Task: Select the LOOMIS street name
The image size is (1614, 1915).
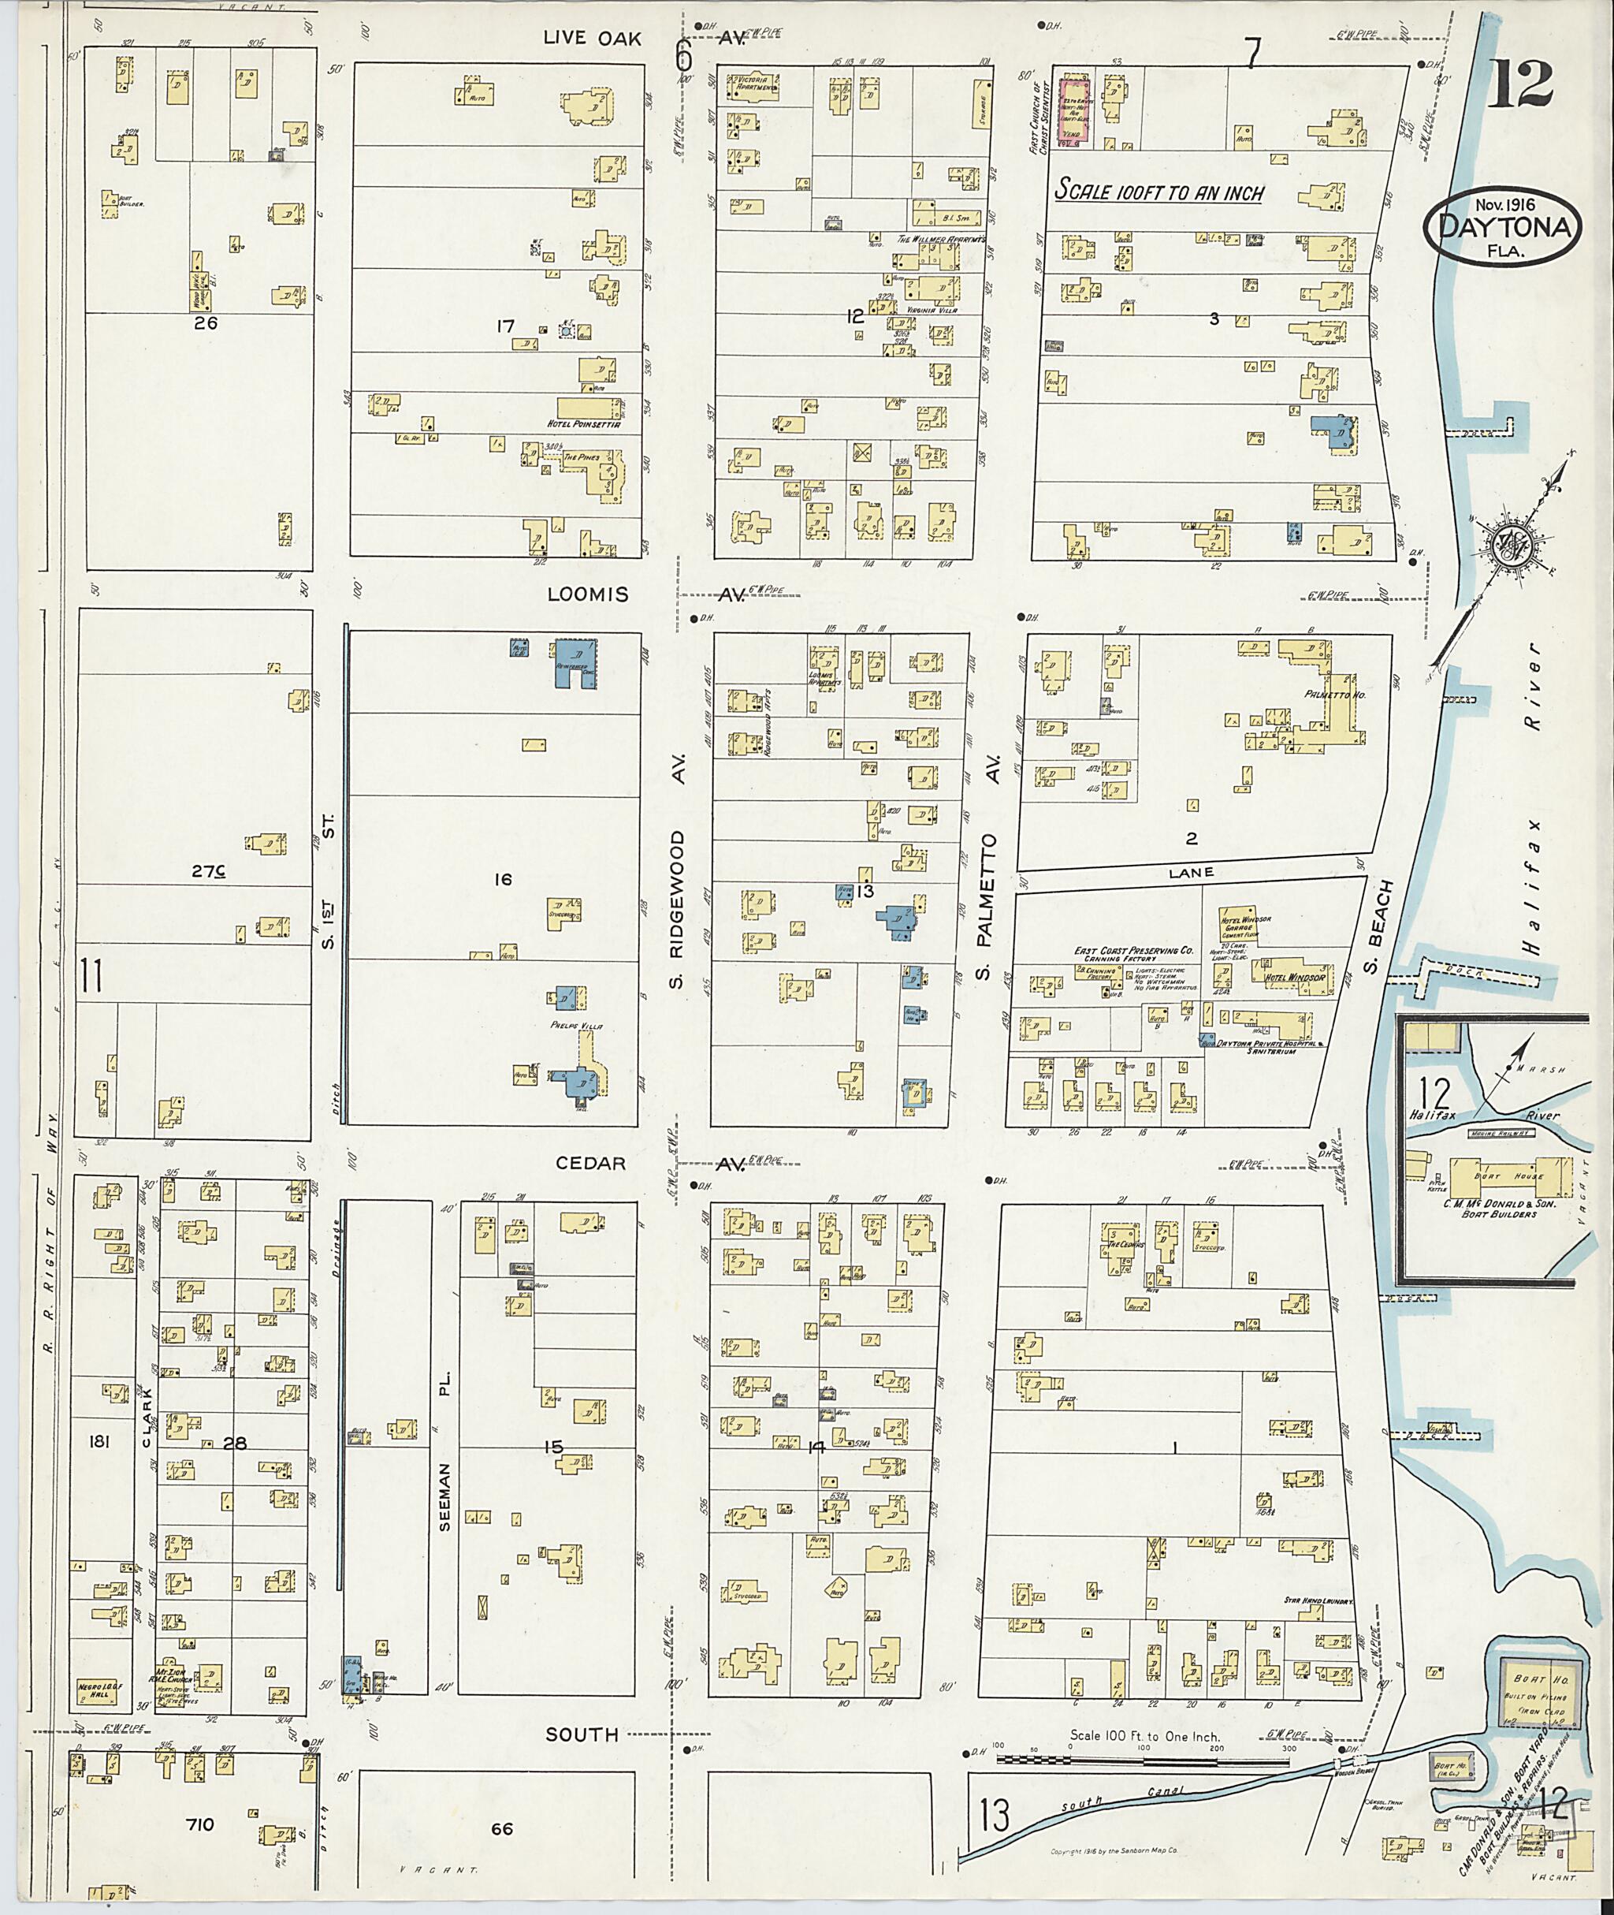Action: [589, 594]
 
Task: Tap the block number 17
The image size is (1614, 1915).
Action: [505, 326]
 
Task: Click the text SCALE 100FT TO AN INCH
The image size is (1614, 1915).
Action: [1160, 193]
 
